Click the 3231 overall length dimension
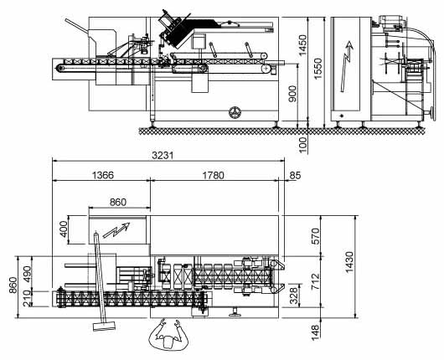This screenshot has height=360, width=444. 163,155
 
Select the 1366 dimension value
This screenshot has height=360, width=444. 103,175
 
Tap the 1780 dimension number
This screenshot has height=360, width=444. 213,175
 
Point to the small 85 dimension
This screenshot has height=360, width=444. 295,176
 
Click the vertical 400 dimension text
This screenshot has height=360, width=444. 64,229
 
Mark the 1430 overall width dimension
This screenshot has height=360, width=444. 348,262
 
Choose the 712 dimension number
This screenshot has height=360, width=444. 315,281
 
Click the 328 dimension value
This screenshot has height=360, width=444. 294,296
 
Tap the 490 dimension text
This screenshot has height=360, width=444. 28,274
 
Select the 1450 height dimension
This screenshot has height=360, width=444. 302,45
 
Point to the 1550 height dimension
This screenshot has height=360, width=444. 318,69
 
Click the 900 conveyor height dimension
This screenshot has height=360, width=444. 292,94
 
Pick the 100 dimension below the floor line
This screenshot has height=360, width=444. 302,145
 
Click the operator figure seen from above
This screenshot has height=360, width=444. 168,335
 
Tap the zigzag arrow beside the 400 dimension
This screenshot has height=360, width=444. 116,229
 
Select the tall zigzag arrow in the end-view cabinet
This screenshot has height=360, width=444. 347,66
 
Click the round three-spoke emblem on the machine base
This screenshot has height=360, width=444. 235,112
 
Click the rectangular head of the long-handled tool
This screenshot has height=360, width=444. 104,326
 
